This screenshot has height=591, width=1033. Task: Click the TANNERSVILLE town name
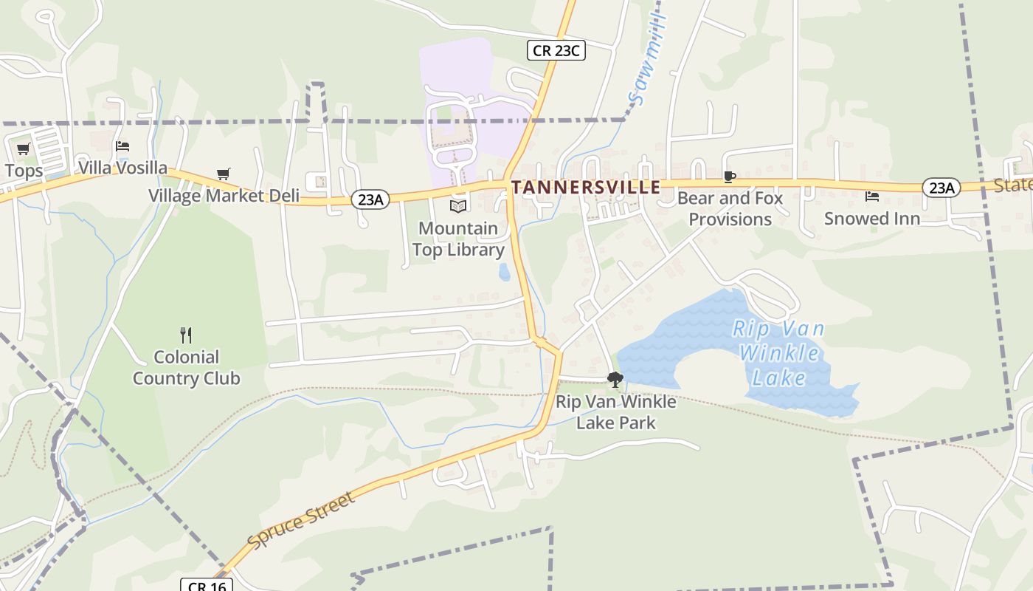click(585, 188)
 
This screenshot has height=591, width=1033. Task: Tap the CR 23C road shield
click(556, 50)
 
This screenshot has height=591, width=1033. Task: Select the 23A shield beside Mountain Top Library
click(370, 199)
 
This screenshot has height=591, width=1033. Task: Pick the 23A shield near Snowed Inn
click(942, 188)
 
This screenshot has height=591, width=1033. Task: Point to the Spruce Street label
click(301, 520)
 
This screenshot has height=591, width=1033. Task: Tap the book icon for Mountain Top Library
click(458, 206)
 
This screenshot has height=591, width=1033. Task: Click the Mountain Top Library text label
click(458, 239)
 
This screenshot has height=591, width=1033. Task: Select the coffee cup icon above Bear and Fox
click(729, 177)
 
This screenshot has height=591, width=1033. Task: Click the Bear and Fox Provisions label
click(730, 209)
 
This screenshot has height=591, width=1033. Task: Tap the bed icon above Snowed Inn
click(872, 197)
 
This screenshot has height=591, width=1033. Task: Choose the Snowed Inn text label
click(872, 219)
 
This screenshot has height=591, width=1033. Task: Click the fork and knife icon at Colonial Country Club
click(186, 335)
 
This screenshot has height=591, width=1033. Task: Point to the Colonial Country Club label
click(186, 368)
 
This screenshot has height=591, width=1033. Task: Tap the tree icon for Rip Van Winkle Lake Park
click(615, 380)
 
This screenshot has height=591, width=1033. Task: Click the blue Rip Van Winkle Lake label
click(779, 353)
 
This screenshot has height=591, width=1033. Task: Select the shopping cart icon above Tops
click(24, 148)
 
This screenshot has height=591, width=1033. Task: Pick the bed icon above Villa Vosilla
click(122, 146)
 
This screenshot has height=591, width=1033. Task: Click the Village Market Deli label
click(224, 196)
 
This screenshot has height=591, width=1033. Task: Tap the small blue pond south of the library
click(504, 273)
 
